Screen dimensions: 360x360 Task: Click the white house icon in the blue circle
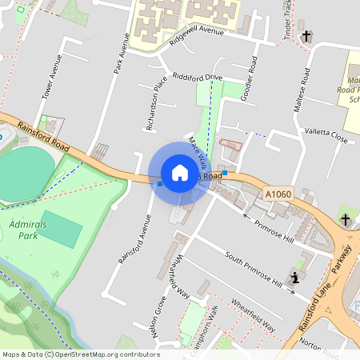click(180, 173)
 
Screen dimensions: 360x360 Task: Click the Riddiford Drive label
click(197, 77)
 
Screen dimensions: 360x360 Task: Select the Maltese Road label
click(302, 89)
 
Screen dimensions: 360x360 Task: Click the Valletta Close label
click(326, 137)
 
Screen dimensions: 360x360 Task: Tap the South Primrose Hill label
click(252, 270)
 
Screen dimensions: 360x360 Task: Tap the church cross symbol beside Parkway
click(345, 219)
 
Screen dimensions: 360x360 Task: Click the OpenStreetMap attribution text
click(80, 354)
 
